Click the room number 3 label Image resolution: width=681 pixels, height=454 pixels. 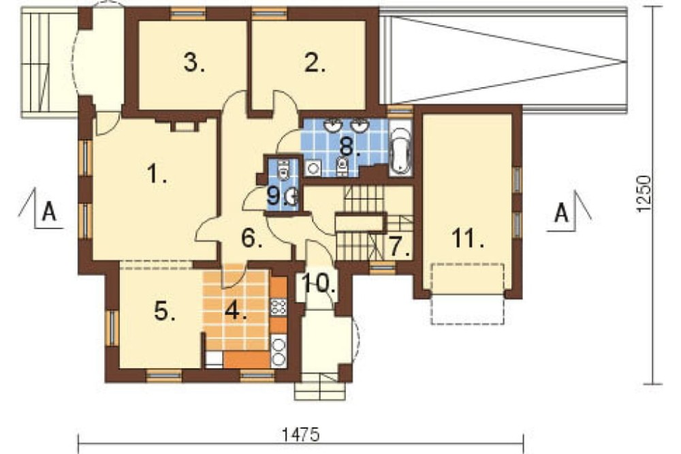tap(194, 63)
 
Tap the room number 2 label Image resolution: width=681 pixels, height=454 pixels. tap(315, 63)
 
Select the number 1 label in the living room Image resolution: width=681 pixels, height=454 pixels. tap(157, 174)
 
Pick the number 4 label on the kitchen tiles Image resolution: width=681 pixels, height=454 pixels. tap(252, 239)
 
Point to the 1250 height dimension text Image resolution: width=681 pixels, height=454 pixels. tap(644, 194)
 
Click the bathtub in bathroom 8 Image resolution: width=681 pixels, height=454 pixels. tap(400, 150)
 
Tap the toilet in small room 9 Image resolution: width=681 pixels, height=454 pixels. tap(283, 169)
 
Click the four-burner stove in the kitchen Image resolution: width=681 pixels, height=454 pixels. tap(279, 307)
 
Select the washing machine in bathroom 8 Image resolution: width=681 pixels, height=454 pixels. tap(313, 168)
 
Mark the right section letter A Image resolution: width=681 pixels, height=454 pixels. tap(562, 213)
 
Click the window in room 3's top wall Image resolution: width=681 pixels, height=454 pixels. tap(188, 14)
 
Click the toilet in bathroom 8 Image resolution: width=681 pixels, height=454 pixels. tap(343, 166)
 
